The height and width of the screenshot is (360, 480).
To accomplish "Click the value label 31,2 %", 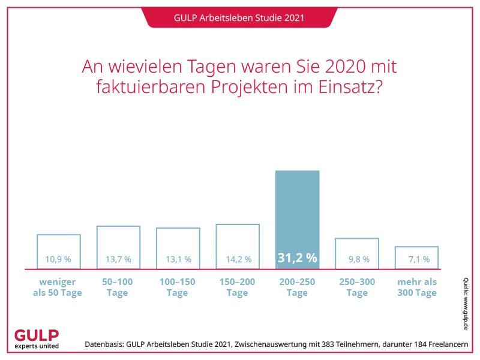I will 297,259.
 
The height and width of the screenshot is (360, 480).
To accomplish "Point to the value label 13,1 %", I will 178,260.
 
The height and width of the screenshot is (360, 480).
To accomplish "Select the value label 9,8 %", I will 357,260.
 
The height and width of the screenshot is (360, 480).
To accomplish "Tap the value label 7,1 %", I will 416,260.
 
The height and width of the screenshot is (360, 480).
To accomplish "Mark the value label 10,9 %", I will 58,260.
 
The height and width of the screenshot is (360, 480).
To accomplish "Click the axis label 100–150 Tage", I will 178,287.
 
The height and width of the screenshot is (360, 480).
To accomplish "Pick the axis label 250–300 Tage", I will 357,287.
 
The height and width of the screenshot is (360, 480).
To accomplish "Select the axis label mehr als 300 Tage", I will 416,287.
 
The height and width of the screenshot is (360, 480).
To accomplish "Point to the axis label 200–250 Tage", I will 297,287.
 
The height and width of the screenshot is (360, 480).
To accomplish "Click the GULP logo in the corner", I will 37,339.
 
